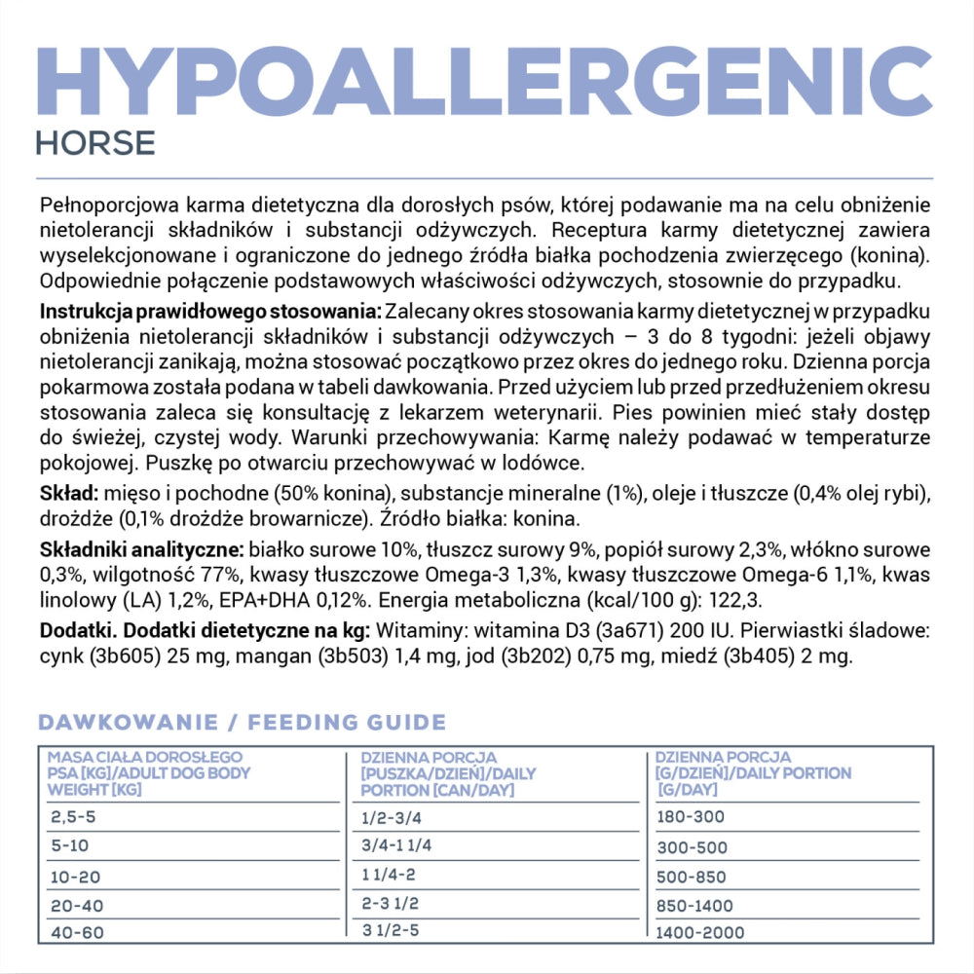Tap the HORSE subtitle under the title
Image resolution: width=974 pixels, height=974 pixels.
(95, 142)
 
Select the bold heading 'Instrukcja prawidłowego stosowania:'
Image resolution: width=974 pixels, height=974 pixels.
(210, 311)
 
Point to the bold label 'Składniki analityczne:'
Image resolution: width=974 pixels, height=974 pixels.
(143, 550)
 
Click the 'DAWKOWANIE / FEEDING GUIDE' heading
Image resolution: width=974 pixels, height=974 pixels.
(242, 723)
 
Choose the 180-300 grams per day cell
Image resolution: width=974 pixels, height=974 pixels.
(691, 816)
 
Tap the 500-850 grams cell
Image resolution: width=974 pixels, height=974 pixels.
(692, 877)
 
